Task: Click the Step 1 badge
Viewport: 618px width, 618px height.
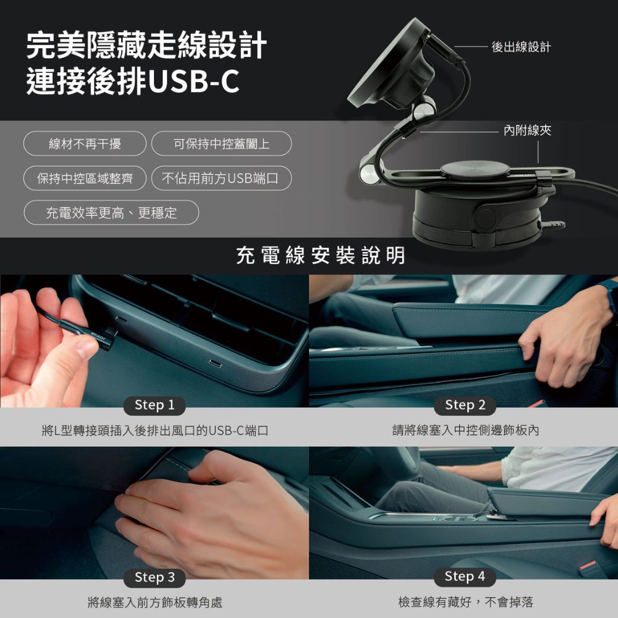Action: pos(154,405)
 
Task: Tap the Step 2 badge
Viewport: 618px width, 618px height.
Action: pos(465,405)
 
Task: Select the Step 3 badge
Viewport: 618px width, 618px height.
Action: pos(154,577)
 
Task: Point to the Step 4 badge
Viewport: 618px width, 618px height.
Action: pos(465,577)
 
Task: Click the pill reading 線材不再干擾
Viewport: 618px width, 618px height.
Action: pos(85,143)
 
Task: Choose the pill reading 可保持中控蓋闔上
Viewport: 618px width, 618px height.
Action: pos(221,143)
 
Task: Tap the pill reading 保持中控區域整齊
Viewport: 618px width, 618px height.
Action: pos(85,178)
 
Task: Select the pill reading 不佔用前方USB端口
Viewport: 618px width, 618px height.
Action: pos(221,178)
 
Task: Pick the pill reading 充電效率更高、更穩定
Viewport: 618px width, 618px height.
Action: pos(111,213)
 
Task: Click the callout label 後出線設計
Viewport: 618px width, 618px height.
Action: pos(521,48)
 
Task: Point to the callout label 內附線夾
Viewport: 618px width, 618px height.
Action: pos(527,130)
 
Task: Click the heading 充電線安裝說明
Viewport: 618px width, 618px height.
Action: pos(320,255)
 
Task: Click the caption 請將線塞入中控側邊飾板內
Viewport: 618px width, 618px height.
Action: pos(465,430)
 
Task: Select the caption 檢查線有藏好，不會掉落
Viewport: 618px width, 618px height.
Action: pos(465,602)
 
